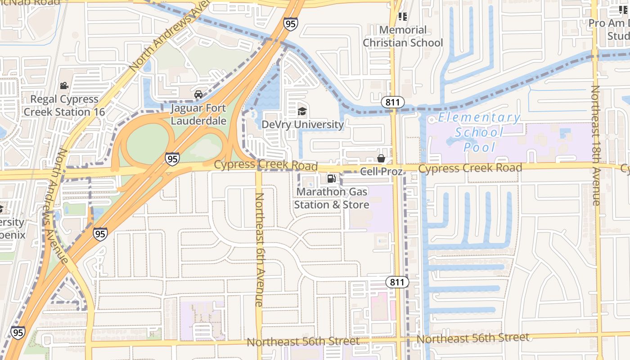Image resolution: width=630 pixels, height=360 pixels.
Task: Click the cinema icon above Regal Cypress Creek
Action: (x=64, y=85)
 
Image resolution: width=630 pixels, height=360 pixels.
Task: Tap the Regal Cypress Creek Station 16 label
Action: (x=64, y=106)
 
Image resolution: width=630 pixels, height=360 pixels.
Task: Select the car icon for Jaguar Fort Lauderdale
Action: (x=198, y=94)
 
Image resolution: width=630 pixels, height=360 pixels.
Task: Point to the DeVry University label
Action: (x=302, y=125)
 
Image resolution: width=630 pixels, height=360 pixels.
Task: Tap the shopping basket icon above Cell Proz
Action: (x=381, y=158)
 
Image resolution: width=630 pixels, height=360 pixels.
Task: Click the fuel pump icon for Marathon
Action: (x=331, y=179)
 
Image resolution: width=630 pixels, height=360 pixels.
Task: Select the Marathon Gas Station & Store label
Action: (x=331, y=198)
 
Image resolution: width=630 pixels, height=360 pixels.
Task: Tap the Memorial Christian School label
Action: (x=403, y=36)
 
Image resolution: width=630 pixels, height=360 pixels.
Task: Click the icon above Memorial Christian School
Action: (x=402, y=17)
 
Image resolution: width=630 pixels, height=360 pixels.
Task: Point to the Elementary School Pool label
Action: (x=479, y=132)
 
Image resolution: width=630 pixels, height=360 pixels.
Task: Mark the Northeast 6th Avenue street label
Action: (x=260, y=250)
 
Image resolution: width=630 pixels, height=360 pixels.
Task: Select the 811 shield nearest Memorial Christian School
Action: (x=392, y=102)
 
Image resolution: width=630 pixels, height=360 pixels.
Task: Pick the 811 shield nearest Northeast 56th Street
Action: (x=397, y=282)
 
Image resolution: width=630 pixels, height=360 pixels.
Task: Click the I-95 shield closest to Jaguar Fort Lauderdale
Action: (x=172, y=158)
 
